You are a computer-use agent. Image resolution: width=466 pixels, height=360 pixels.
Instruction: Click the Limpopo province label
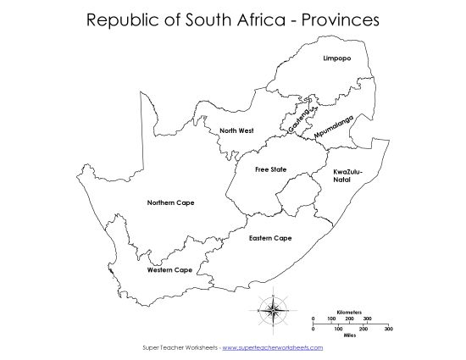[x=337, y=58]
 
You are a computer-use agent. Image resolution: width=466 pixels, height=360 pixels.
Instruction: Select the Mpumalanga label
[x=333, y=125]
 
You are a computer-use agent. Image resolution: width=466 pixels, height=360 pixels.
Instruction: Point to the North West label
[x=236, y=130]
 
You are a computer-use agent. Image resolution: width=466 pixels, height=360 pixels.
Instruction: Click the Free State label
[x=270, y=169]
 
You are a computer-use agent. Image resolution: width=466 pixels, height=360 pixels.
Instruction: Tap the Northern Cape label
[x=170, y=202]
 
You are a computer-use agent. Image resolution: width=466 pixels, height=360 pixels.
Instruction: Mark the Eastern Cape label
[x=270, y=238]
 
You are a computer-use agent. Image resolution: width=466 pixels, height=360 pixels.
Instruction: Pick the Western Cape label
[x=169, y=270]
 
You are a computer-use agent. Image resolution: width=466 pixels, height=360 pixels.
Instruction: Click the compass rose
[x=276, y=307]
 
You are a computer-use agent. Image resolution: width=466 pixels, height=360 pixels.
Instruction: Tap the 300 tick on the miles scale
[x=388, y=328]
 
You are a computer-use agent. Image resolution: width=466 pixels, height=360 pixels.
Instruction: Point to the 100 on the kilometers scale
[x=331, y=318]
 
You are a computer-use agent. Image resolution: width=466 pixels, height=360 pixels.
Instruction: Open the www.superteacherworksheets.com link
[x=273, y=347]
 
